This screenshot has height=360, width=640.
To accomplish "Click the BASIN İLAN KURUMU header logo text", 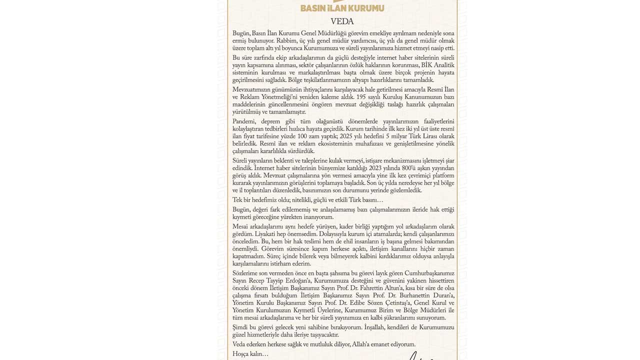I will pos(342,8).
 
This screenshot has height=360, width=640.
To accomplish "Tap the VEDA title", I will pos(342,21).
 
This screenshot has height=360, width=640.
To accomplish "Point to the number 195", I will pos(355,96).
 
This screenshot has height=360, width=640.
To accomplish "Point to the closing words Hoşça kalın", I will pos(250,354).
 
